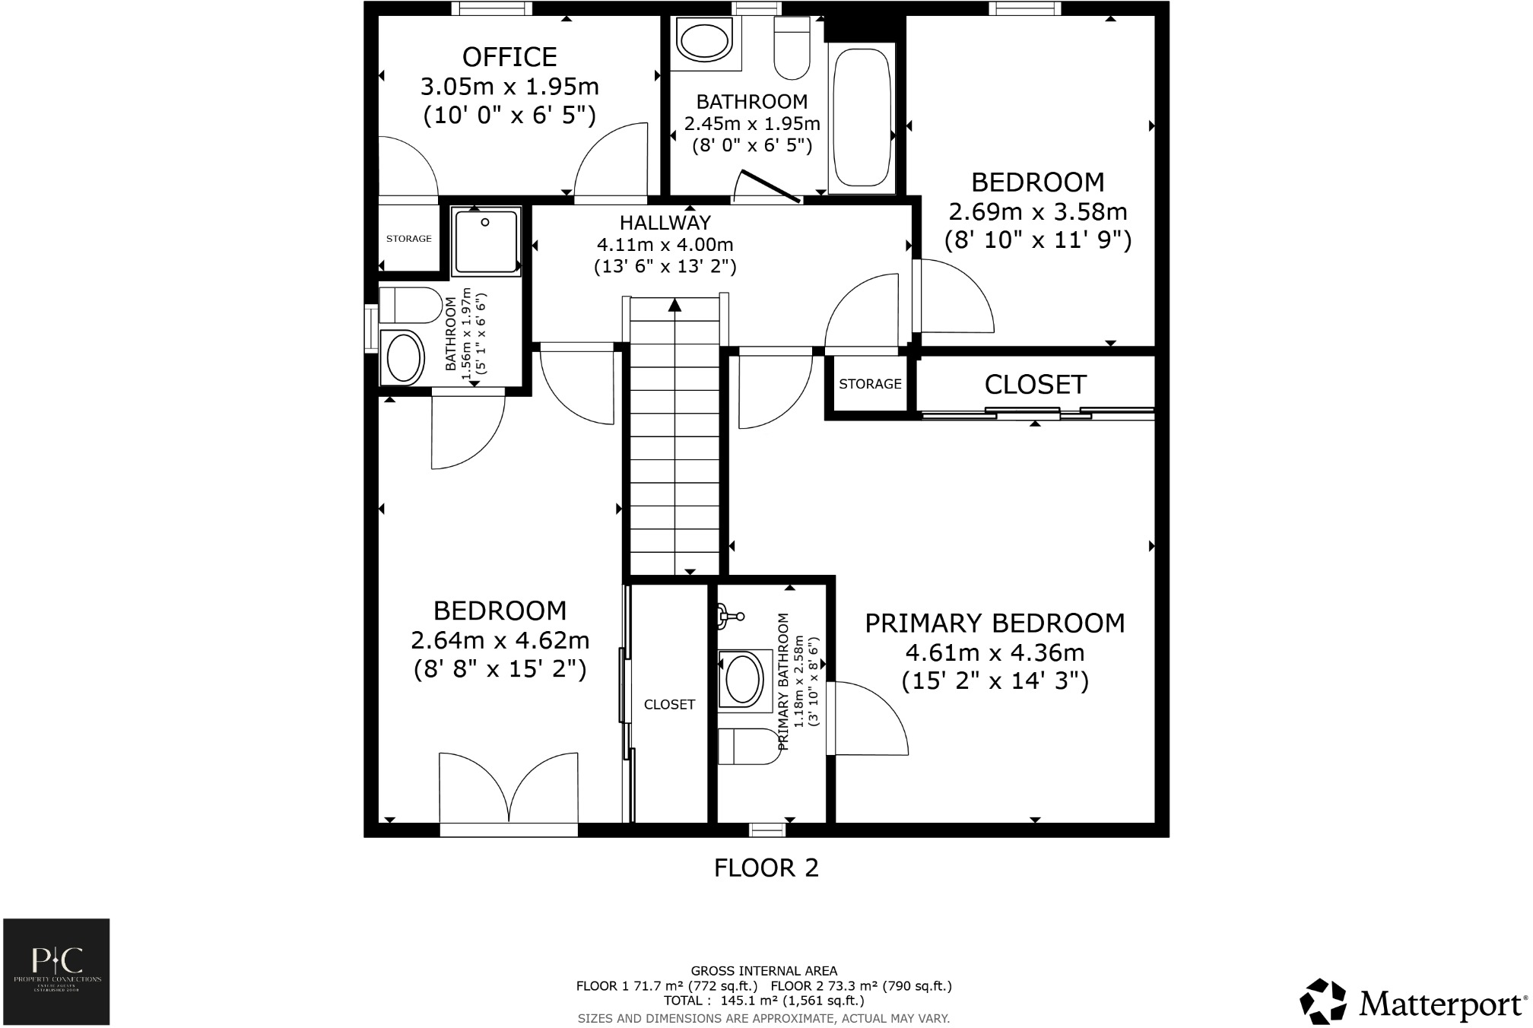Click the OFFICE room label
[x=509, y=57]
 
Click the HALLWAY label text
[x=665, y=223]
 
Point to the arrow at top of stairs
[x=674, y=305]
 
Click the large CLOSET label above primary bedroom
[x=1035, y=385]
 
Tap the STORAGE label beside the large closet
[x=870, y=384]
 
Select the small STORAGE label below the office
[x=408, y=239]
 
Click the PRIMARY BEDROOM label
[x=995, y=623]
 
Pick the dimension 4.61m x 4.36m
[x=995, y=652]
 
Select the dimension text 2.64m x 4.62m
[x=500, y=640]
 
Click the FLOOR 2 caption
[x=766, y=868]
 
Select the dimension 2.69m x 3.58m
[x=1037, y=211]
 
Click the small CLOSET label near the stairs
[x=669, y=705]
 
